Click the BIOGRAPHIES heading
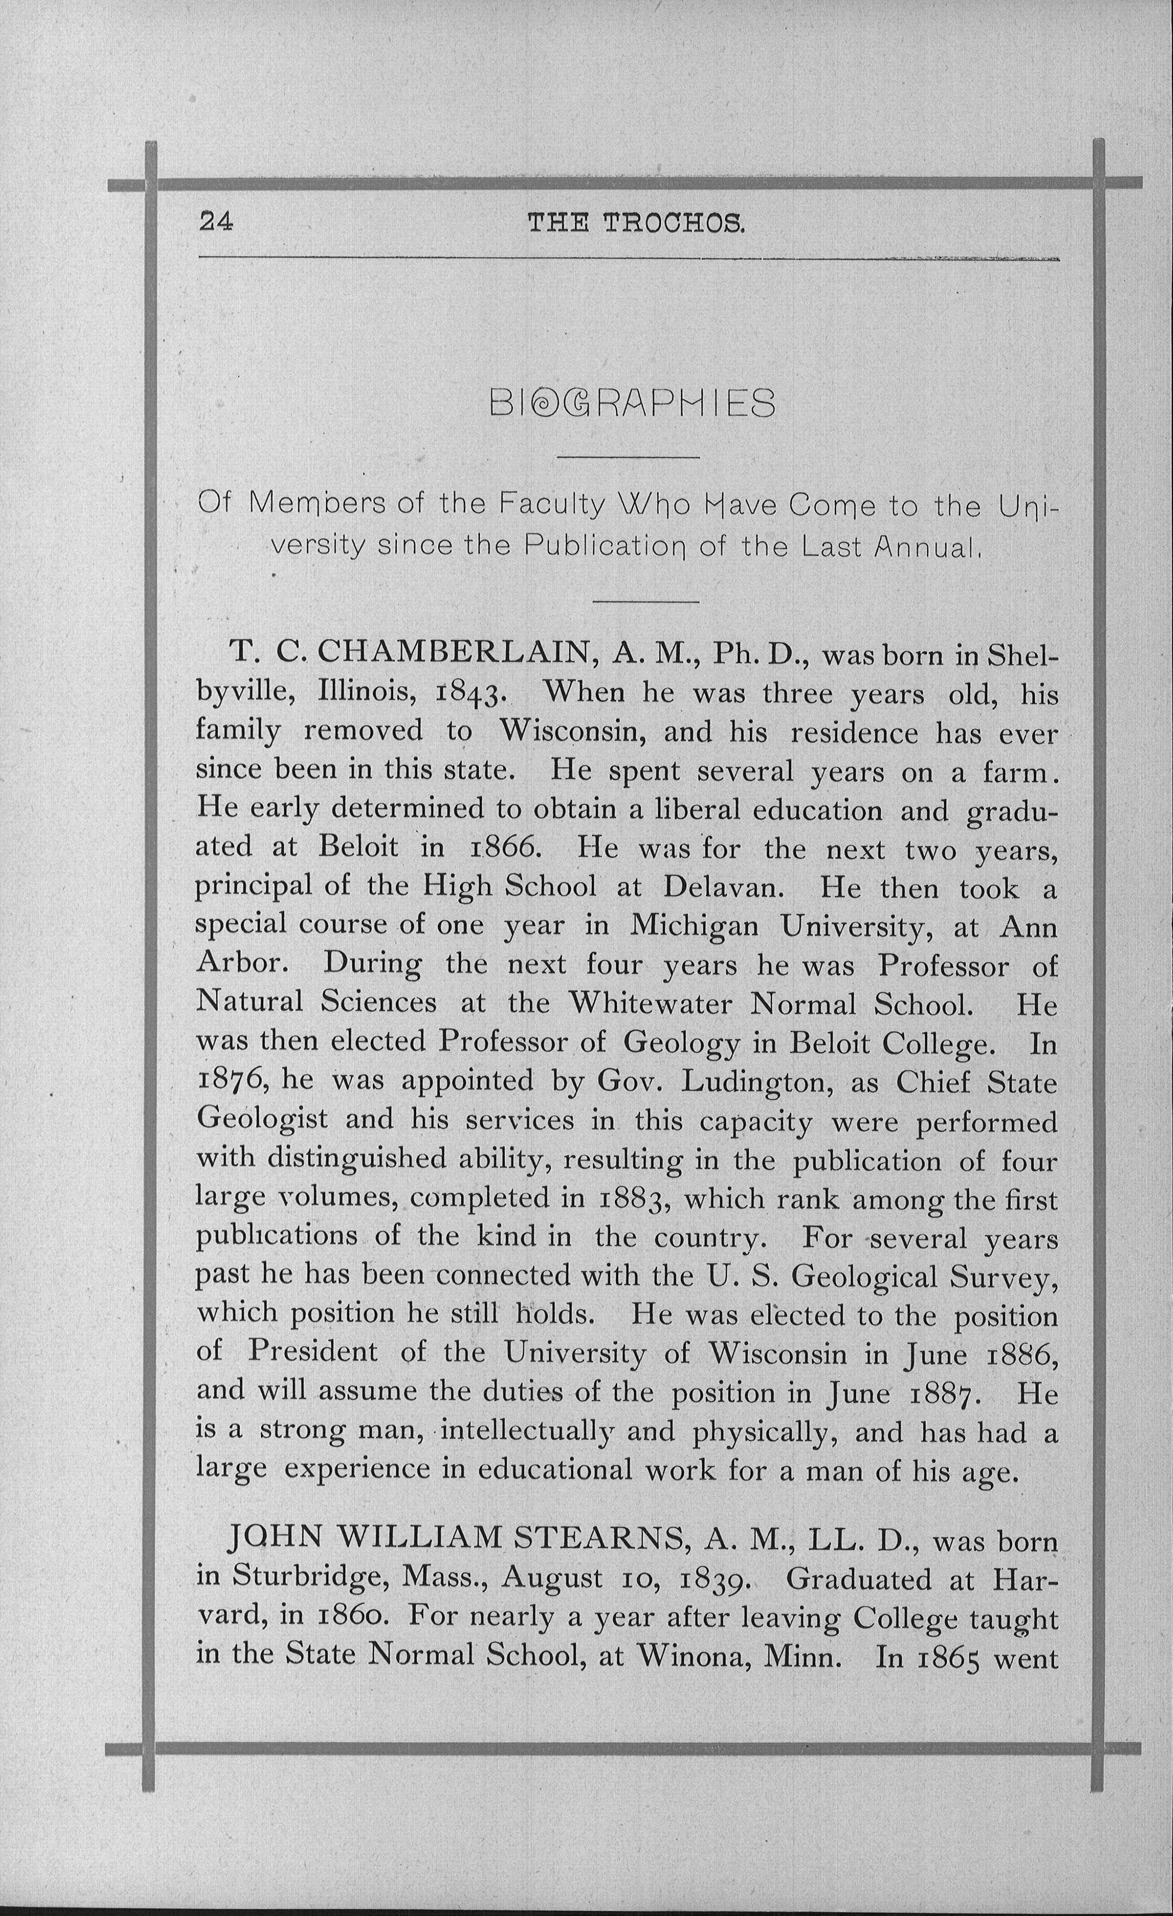[x=633, y=403]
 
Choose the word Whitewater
[x=650, y=1003]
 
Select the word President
[x=313, y=1353]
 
